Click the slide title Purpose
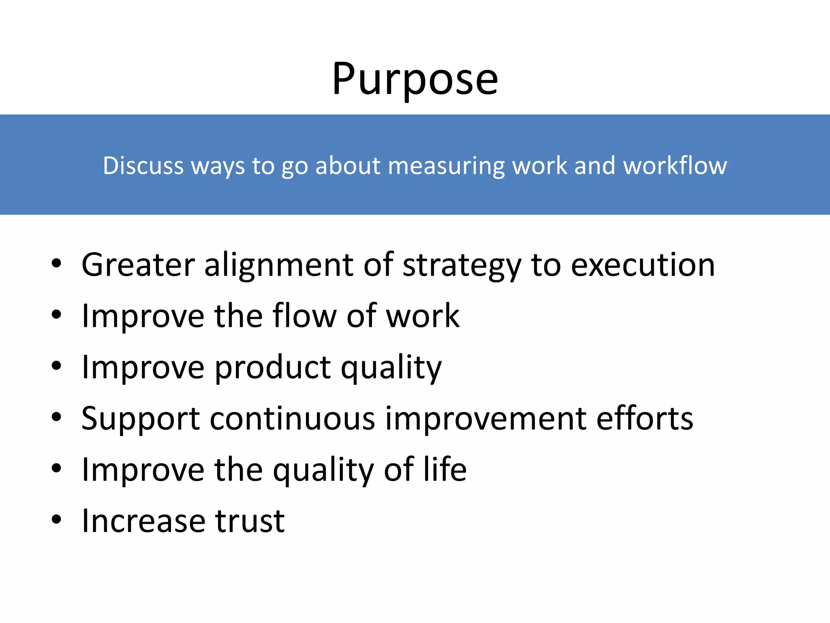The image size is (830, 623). [415, 79]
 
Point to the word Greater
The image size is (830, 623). [138, 265]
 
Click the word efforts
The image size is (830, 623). [645, 419]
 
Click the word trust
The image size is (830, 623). [250, 521]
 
